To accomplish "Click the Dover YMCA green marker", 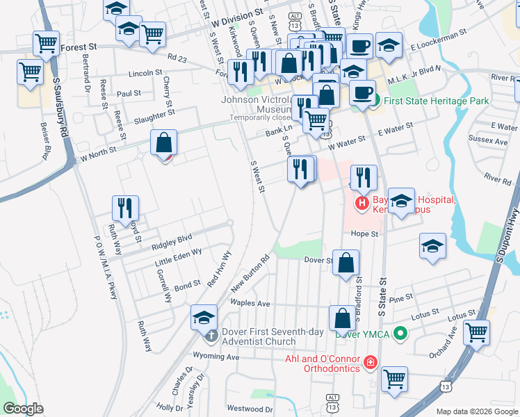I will (x=399, y=334).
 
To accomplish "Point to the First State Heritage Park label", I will (x=436, y=101).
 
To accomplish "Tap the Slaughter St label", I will (x=154, y=115).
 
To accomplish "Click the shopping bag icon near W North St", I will (x=163, y=143).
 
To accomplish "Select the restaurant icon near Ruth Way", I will (x=125, y=207).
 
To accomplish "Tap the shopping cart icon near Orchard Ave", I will (x=476, y=332).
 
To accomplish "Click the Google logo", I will (x=23, y=409).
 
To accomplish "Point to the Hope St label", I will (x=364, y=234).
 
